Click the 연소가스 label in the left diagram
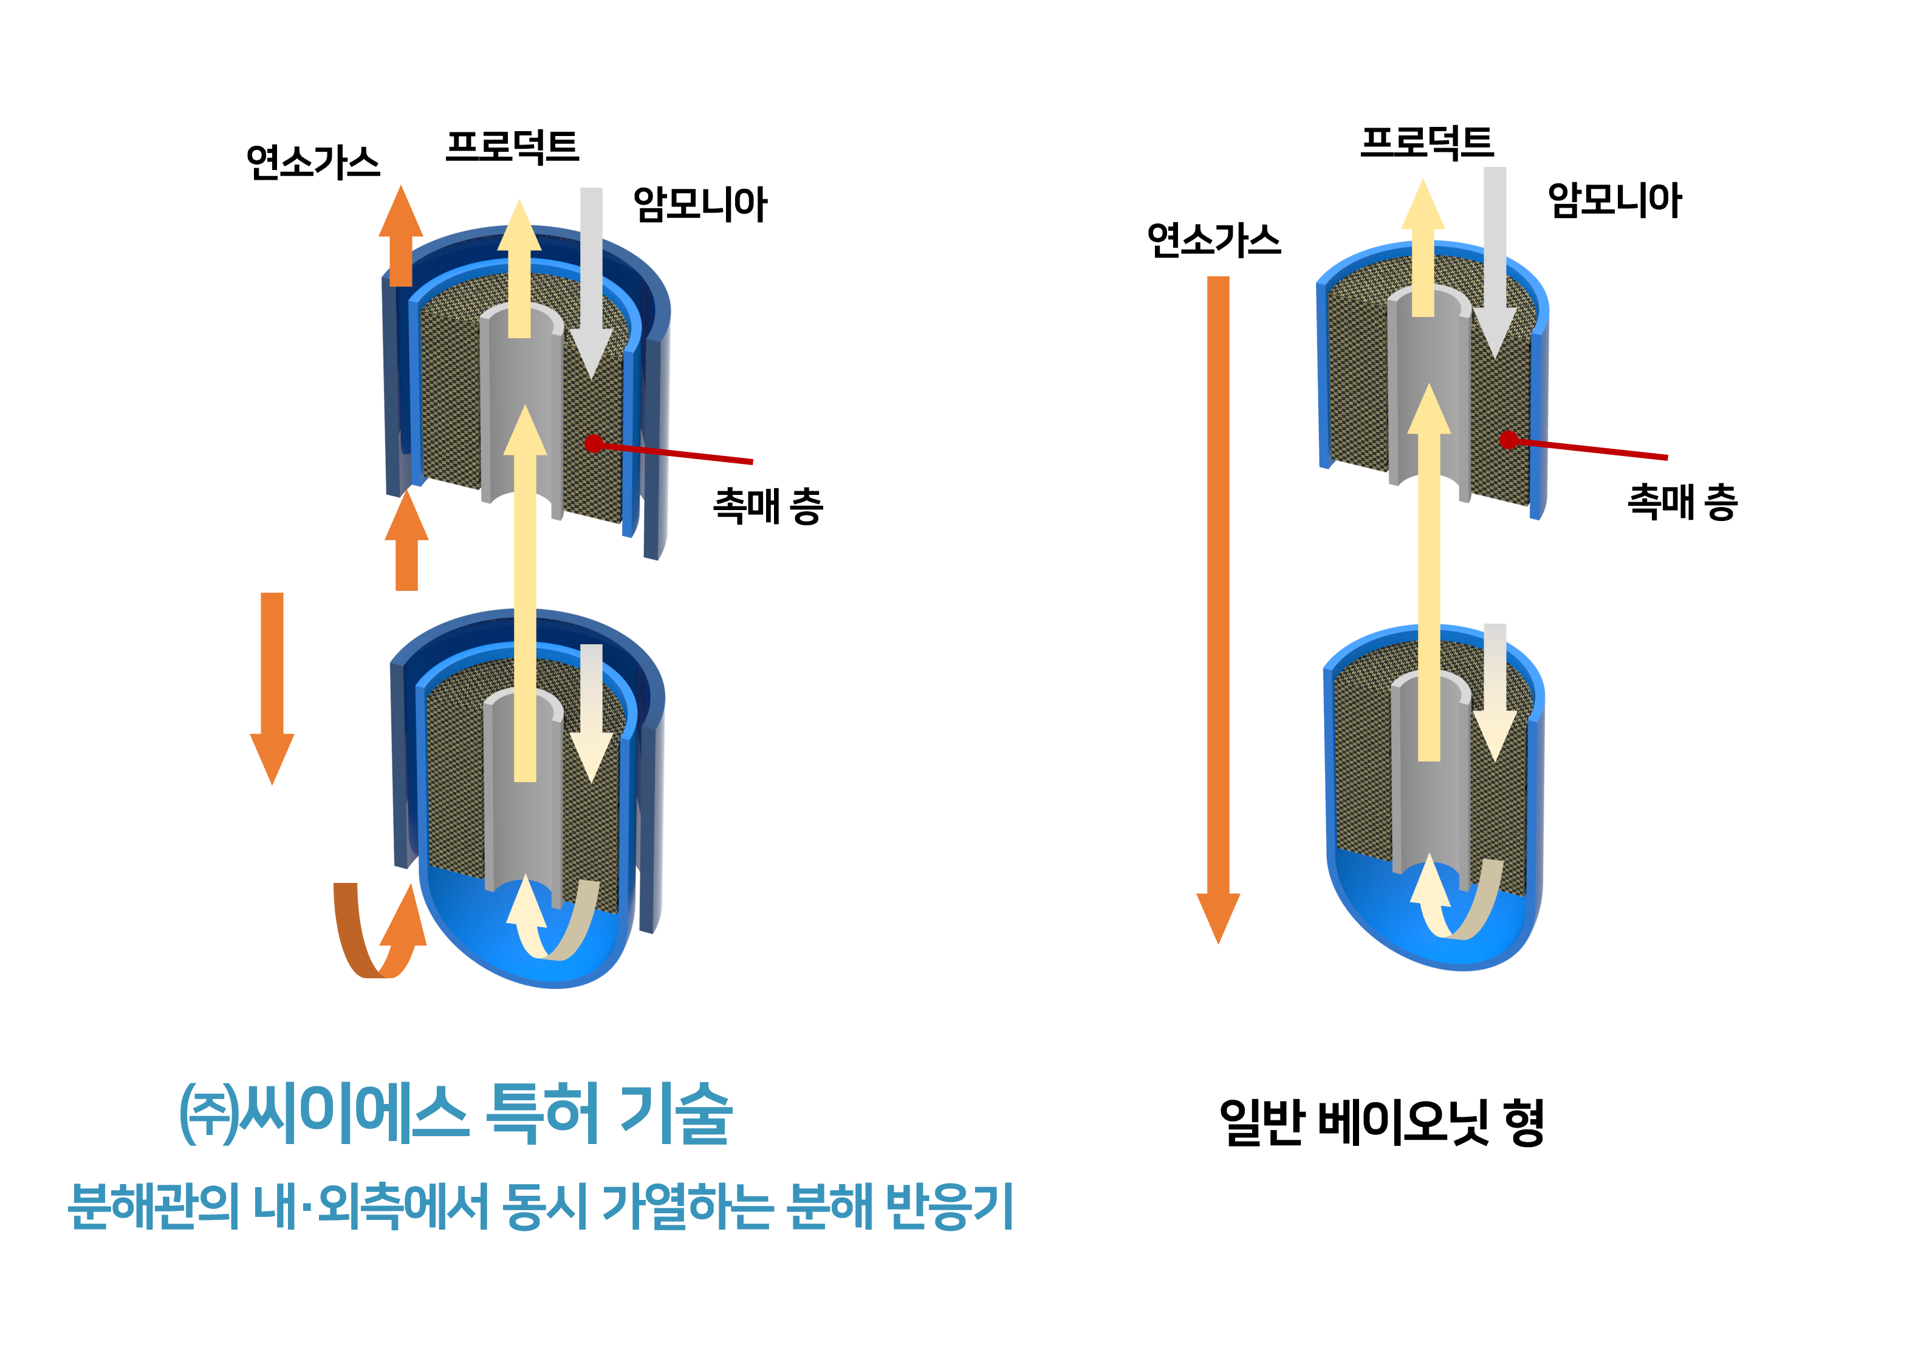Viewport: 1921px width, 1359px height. point(313,162)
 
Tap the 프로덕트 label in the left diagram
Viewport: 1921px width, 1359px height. point(512,146)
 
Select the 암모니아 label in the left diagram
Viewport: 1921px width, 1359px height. point(700,203)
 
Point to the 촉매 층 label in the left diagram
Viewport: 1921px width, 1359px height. point(767,505)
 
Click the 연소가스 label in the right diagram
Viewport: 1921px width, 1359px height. point(1214,240)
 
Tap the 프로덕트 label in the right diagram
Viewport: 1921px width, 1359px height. point(1427,142)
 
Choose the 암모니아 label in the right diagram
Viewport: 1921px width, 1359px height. point(1615,200)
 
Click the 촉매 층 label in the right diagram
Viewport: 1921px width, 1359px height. point(1682,501)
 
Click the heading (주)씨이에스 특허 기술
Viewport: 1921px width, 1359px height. point(456,1113)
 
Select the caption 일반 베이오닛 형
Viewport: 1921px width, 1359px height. point(1382,1122)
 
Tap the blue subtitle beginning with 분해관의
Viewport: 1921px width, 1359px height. point(541,1206)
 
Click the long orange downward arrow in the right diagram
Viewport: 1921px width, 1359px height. point(1218,610)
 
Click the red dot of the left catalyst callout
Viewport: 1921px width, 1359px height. point(594,443)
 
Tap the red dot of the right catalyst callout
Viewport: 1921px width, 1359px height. point(1508,440)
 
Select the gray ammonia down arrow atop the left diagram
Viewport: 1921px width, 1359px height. point(591,283)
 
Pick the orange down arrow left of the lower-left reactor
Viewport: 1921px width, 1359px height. point(272,689)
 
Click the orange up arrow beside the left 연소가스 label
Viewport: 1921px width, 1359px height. point(401,236)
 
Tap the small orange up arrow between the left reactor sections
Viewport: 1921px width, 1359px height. point(407,540)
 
